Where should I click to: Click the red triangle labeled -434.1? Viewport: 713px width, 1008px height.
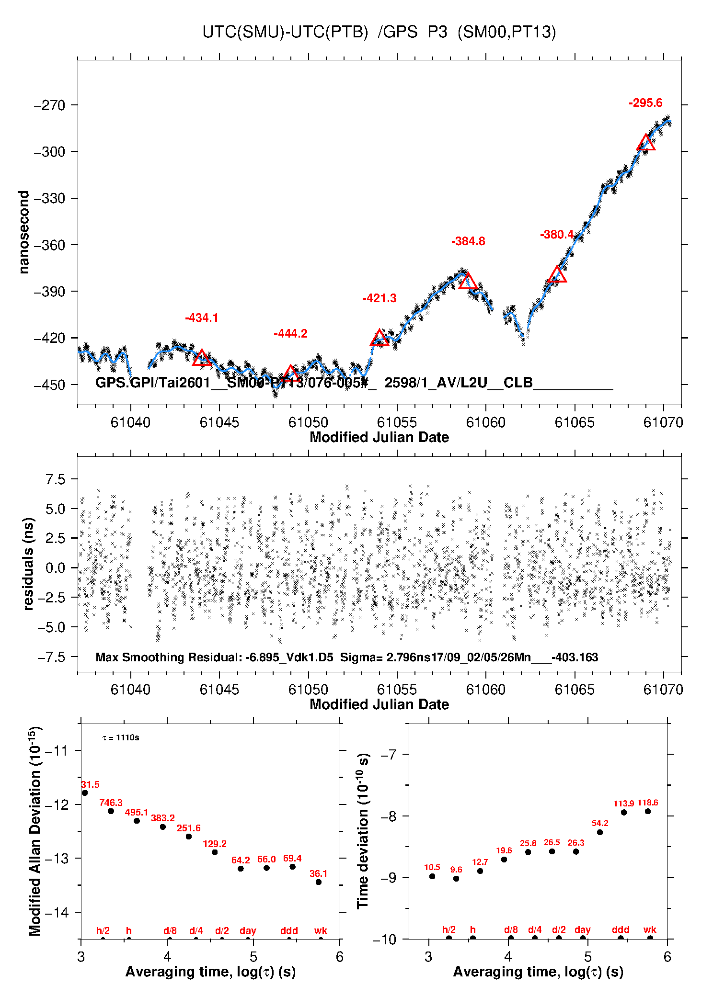click(x=202, y=358)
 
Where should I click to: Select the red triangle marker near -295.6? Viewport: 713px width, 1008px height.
click(x=646, y=143)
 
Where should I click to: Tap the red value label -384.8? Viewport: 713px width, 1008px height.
click(x=468, y=241)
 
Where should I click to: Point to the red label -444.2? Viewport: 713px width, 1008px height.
click(x=290, y=334)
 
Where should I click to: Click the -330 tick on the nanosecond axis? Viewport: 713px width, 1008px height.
click(x=49, y=198)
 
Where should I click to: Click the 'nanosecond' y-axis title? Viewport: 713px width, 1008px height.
click(x=24, y=232)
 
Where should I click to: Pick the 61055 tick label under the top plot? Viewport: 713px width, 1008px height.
click(x=397, y=422)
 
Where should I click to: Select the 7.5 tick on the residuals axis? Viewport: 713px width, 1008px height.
click(x=55, y=479)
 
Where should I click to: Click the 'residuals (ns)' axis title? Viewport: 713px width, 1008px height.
click(x=29, y=564)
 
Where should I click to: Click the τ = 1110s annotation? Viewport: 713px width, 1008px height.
click(x=121, y=737)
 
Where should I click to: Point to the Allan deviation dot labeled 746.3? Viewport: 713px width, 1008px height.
click(x=111, y=811)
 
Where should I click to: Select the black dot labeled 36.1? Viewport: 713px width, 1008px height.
click(x=319, y=882)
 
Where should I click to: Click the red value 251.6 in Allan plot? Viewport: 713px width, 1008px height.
click(x=189, y=828)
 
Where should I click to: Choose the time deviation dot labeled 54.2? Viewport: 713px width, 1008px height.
click(x=600, y=832)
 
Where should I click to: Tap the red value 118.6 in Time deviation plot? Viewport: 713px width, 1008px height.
click(x=648, y=803)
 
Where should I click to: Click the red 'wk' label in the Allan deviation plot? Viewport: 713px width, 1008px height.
click(x=321, y=930)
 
